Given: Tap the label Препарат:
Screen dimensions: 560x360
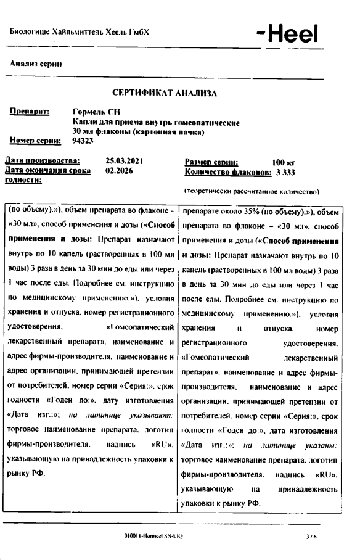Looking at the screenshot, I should [x=29, y=112].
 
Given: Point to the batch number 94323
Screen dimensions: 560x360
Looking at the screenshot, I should [x=83, y=141].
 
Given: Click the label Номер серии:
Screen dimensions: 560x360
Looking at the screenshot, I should [x=35, y=141].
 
